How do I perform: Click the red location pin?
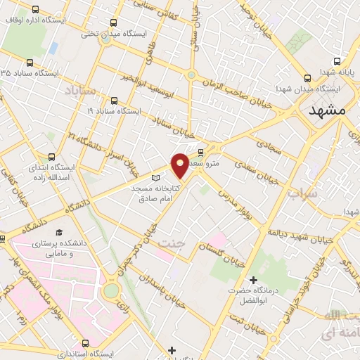click(x=180, y=165)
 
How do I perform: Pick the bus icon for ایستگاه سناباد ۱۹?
click(x=114, y=101)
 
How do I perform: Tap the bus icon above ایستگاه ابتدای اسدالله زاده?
click(x=51, y=157)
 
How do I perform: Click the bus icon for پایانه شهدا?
click(x=337, y=61)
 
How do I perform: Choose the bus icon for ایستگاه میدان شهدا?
click(x=307, y=78)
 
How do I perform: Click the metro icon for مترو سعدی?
click(x=200, y=152)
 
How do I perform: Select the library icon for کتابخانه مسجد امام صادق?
click(x=156, y=179)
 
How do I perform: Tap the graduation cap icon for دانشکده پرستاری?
click(x=59, y=232)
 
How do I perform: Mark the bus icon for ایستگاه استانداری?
click(x=86, y=344)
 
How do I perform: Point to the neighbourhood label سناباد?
click(x=79, y=91)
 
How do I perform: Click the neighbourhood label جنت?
click(x=172, y=244)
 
